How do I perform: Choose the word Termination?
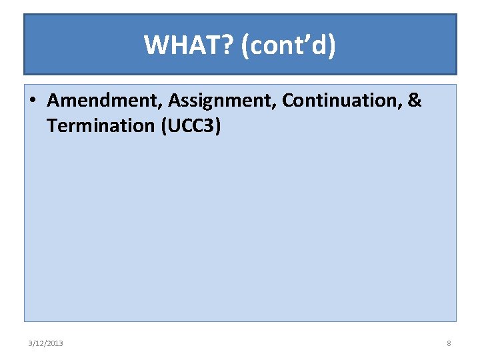pyautogui.click(x=101, y=125)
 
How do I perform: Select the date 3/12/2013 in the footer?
pyautogui.click(x=46, y=343)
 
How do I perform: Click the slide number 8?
pyautogui.click(x=449, y=343)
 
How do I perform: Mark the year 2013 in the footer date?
pyautogui.click(x=55, y=343)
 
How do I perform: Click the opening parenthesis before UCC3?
pyautogui.click(x=164, y=125)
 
